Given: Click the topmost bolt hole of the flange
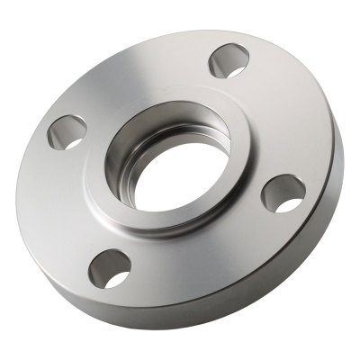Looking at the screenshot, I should click(229, 61).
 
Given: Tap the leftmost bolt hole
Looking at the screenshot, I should click(65, 131).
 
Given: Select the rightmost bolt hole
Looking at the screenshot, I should click(282, 193).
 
